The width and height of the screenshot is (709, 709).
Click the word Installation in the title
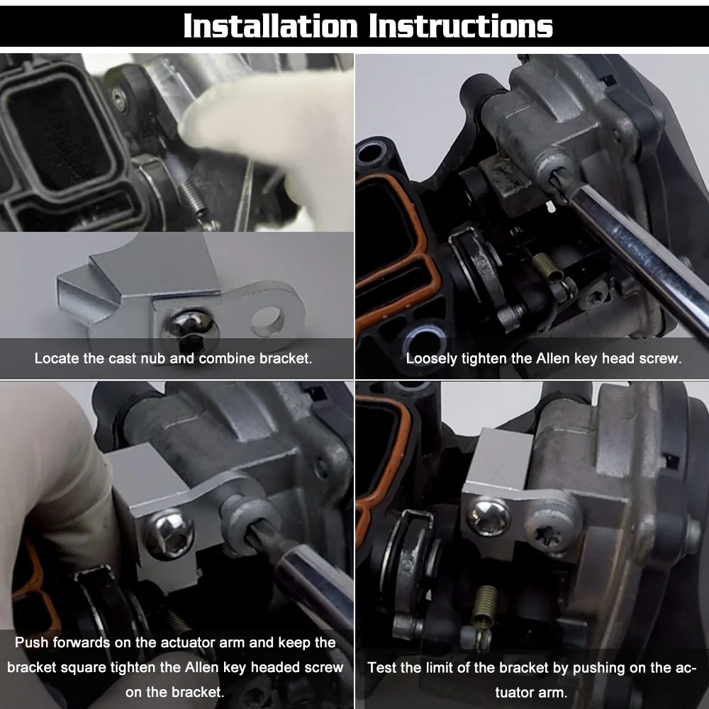[272, 26]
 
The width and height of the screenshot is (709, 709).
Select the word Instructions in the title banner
[461, 26]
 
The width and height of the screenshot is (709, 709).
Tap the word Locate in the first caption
[57, 358]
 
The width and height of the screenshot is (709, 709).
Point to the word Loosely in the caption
[431, 358]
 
